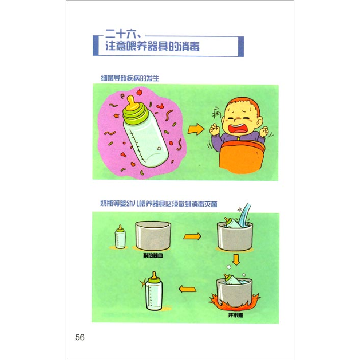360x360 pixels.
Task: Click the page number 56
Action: click(x=80, y=337)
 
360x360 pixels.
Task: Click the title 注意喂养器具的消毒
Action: click(x=152, y=46)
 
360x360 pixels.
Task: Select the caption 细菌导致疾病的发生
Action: click(x=130, y=78)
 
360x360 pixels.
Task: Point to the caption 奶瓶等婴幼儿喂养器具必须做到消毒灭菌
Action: click(x=159, y=204)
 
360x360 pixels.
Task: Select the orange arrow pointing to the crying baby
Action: click(x=196, y=130)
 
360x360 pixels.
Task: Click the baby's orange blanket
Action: click(x=241, y=157)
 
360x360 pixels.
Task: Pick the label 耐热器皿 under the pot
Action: click(x=153, y=256)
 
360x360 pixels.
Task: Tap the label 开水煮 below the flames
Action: click(x=235, y=315)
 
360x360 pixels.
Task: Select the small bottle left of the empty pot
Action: click(x=120, y=237)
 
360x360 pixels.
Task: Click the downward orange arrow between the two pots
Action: click(x=236, y=260)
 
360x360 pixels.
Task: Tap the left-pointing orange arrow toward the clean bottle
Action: click(x=187, y=289)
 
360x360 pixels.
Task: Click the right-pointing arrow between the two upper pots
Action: click(x=192, y=236)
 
